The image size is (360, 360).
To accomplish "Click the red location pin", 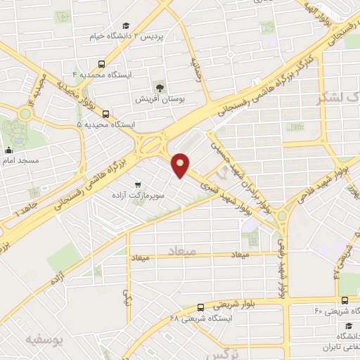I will click(x=181, y=164).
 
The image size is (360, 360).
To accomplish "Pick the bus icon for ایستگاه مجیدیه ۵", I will click(x=105, y=114).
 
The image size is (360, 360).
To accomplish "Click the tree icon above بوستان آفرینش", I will click(x=160, y=87).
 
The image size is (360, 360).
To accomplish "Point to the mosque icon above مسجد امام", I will click(x=8, y=150).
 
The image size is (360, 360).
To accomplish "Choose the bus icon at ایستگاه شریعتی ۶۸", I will click(x=201, y=307).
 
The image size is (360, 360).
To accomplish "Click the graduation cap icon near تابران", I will click(x=349, y=326).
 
